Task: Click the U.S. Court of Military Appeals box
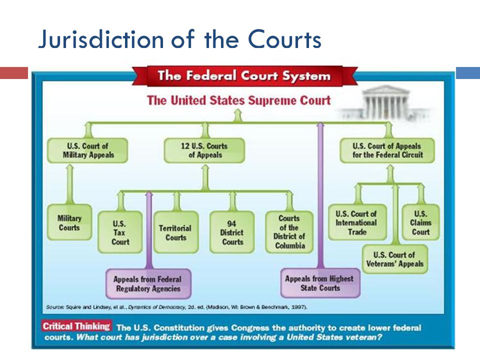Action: (x=87, y=150)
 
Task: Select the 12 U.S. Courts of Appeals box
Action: (x=204, y=150)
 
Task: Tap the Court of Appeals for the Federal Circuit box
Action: (x=387, y=150)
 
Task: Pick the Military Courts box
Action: (x=69, y=222)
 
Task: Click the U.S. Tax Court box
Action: (x=120, y=232)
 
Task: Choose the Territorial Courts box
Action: (x=176, y=232)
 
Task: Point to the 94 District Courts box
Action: (x=232, y=232)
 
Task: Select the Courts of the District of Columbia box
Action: (x=289, y=232)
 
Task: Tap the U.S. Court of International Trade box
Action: (x=357, y=222)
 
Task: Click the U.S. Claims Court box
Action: (x=420, y=222)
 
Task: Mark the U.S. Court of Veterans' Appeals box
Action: (x=395, y=259)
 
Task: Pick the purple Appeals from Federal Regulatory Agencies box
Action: (x=148, y=284)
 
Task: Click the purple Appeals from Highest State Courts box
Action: (x=320, y=283)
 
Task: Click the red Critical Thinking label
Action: (x=76, y=326)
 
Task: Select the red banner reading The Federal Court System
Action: (x=244, y=75)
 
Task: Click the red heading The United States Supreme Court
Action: (x=239, y=100)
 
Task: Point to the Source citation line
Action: (x=176, y=306)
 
